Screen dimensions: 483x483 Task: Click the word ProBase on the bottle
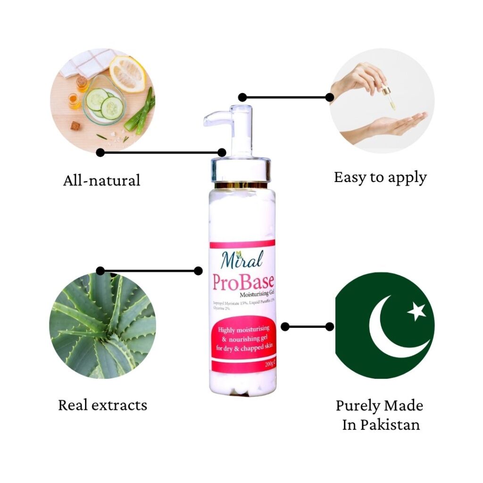pos(243,283)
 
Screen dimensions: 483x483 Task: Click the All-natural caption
pos(101,180)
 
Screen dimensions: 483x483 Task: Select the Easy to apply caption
pos(380,177)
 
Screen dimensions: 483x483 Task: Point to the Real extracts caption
pos(102,405)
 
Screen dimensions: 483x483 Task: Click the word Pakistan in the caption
pos(390,425)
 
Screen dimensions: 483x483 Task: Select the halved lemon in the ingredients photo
pos(127,73)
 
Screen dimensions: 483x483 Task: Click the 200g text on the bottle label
pos(270,364)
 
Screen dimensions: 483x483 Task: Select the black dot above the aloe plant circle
pos(100,271)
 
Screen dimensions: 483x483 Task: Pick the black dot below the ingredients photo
pos(100,152)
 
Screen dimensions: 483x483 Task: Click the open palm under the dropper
pos(396,125)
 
